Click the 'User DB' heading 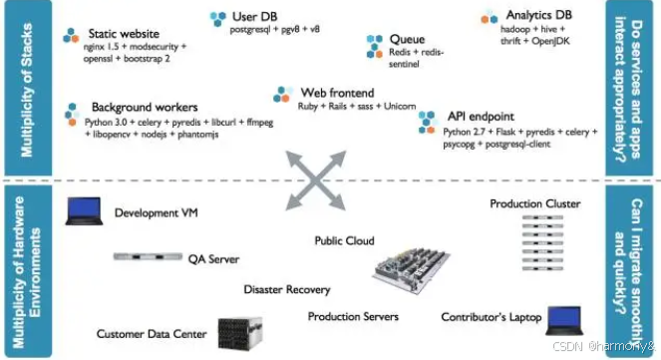[x=254, y=16]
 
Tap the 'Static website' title [x=124, y=33]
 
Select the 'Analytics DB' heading [x=538, y=15]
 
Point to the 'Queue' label [x=407, y=39]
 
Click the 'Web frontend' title [x=337, y=93]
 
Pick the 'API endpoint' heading [x=481, y=116]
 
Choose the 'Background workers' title [x=145, y=107]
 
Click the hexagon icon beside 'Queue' [x=374, y=46]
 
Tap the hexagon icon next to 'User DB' [x=218, y=19]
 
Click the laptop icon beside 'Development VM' [x=84, y=210]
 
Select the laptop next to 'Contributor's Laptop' [x=564, y=320]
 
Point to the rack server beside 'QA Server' [x=148, y=256]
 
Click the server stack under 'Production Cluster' [x=542, y=242]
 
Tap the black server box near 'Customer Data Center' [x=240, y=333]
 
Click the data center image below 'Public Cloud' [x=411, y=270]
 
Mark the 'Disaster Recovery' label [x=287, y=289]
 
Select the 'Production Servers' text [x=353, y=316]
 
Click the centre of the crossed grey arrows [x=316, y=180]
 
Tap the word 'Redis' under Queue [x=400, y=52]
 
